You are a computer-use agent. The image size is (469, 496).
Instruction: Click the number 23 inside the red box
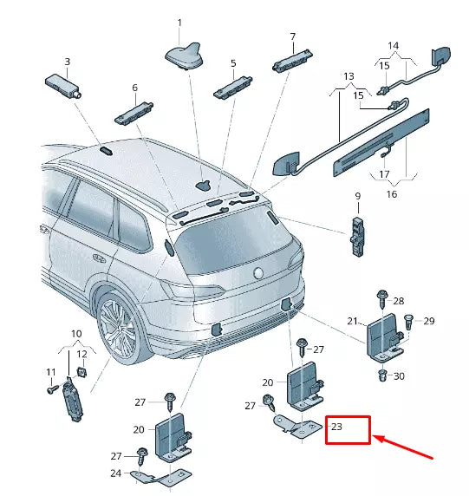337,427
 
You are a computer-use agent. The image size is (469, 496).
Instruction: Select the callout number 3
68,62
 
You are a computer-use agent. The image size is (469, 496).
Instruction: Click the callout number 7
292,36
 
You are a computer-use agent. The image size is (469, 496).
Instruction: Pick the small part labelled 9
357,233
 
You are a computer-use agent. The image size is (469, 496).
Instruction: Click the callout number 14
393,45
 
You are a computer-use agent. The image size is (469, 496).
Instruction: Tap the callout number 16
391,195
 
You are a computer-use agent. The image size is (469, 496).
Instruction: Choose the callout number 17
382,173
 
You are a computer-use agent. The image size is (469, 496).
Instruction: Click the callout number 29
428,322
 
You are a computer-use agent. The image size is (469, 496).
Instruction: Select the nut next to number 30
382,375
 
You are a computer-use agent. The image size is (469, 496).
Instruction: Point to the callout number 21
353,321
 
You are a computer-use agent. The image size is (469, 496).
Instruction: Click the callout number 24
115,473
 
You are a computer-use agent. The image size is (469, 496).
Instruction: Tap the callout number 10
75,334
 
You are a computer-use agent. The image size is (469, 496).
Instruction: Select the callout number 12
82,354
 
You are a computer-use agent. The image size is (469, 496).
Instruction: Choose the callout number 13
348,76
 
